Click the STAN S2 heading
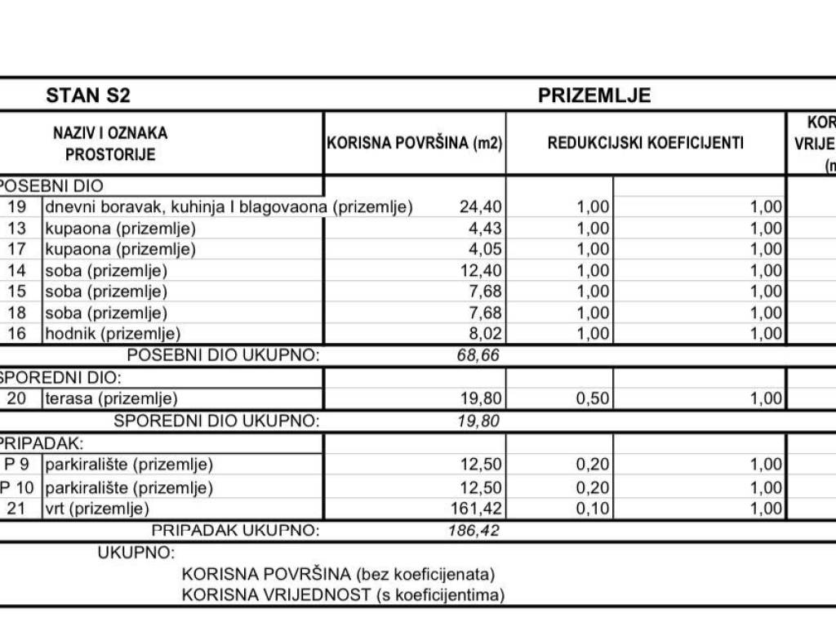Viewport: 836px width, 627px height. click(88, 96)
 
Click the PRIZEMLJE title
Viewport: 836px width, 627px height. click(594, 96)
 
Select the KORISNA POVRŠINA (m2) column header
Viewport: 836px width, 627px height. click(415, 143)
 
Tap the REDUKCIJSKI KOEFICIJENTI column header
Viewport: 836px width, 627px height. click(646, 143)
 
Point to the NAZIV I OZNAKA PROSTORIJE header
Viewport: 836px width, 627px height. click(110, 143)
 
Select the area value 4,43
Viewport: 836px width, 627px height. click(484, 229)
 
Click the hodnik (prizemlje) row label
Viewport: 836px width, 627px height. click(113, 333)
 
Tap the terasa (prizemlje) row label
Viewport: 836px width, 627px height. click(111, 399)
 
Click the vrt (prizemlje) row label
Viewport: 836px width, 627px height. click(97, 509)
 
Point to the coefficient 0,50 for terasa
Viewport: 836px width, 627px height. click(593, 399)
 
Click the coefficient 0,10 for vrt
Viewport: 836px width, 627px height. click(593, 509)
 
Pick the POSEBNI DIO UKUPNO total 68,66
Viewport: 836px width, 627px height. click(479, 356)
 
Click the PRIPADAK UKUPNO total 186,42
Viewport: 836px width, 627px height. click(474, 531)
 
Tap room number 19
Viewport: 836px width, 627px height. click(17, 207)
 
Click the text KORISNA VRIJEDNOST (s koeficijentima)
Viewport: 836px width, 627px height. click(343, 594)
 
